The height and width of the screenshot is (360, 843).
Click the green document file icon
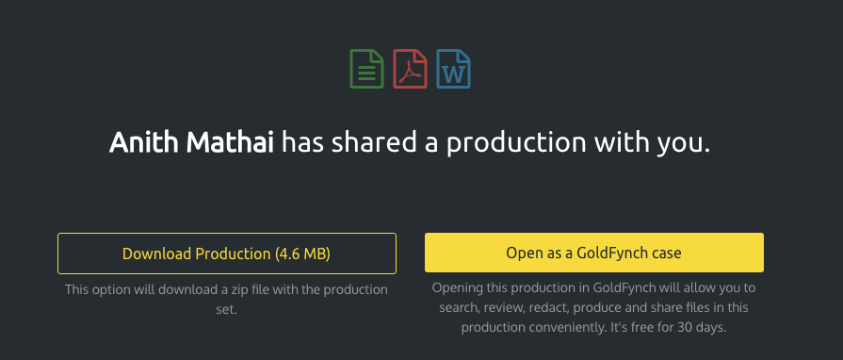[365, 68]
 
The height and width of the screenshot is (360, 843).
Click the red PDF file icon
[410, 68]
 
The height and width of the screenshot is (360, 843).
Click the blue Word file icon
[453, 68]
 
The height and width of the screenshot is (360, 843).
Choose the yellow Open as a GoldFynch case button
[593, 253]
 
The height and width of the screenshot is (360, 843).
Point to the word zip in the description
[248, 289]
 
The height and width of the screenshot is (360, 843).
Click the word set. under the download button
[227, 307]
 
